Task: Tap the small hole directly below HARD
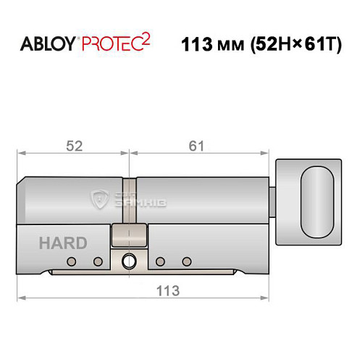point(71,261)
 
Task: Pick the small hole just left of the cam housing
point(96,261)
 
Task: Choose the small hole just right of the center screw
point(161,261)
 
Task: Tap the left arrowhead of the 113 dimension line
point(21,297)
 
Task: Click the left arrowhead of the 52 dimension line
point(21,153)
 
